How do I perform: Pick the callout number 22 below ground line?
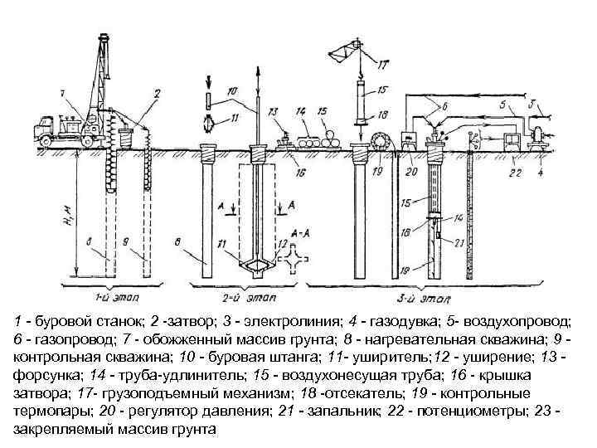coord(515,173)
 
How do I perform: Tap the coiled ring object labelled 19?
coord(382,138)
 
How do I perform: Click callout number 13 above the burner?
coord(273,110)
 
